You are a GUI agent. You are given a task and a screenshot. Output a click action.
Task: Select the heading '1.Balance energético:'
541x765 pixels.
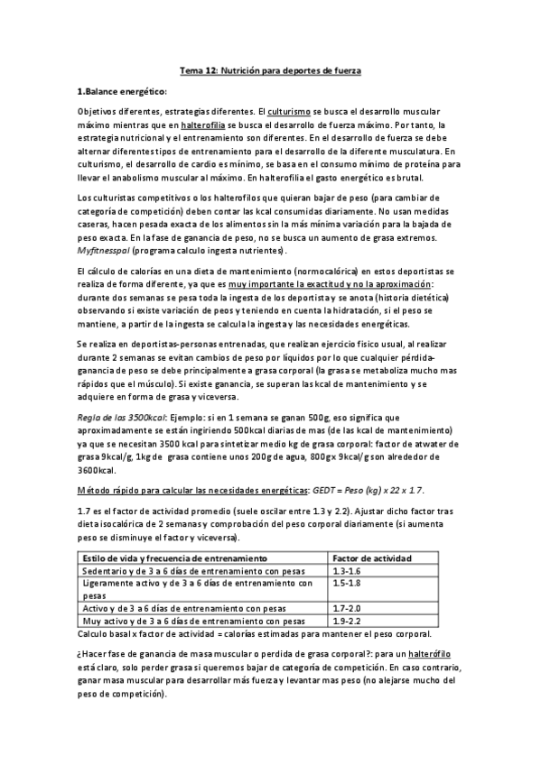(122, 91)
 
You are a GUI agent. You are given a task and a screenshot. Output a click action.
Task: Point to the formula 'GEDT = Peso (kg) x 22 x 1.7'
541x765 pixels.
(379, 489)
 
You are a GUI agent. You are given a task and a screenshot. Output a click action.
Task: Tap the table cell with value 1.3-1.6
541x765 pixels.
(346, 572)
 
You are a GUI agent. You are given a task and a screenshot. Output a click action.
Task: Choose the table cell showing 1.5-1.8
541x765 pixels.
(346, 584)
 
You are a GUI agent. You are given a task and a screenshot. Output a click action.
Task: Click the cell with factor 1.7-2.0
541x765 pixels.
(346, 609)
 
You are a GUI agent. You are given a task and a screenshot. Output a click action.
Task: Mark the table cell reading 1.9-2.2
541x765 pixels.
(346, 621)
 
